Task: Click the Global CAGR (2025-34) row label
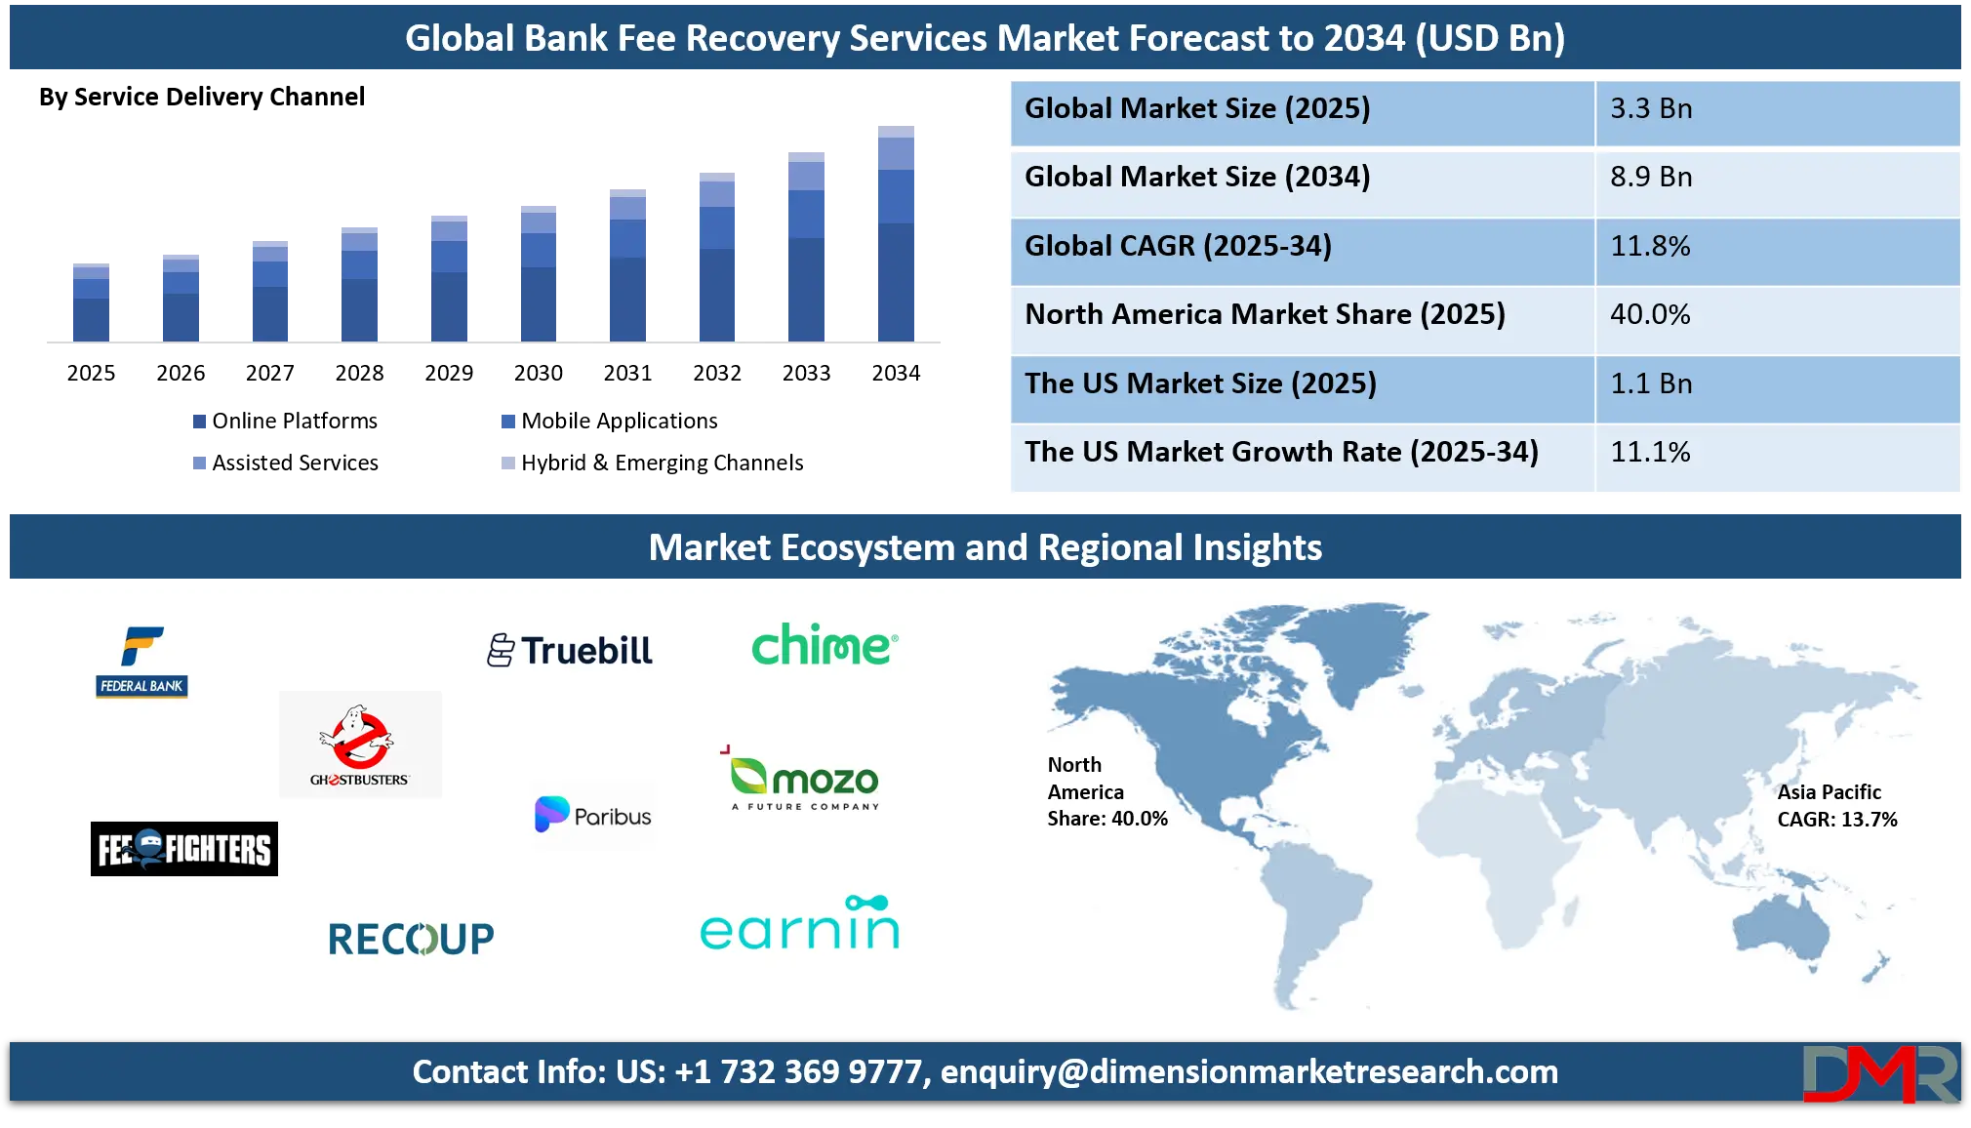[x=1178, y=246]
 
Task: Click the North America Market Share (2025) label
[x=1265, y=314]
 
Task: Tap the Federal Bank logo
[x=142, y=662]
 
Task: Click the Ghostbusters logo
[x=360, y=745]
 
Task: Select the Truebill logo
[x=570, y=651]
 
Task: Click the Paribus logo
[x=593, y=815]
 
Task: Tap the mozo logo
[x=806, y=780]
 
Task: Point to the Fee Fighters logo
[x=184, y=849]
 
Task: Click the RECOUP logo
[x=411, y=939]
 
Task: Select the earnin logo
[x=800, y=924]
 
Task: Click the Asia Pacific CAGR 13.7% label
[x=1836, y=806]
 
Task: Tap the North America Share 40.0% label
[x=1106, y=791]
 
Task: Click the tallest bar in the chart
[x=897, y=234]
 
